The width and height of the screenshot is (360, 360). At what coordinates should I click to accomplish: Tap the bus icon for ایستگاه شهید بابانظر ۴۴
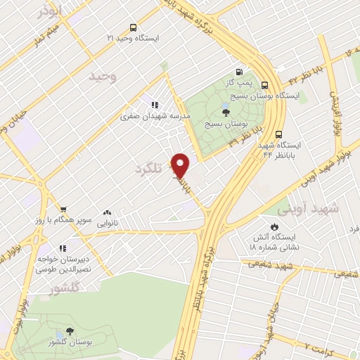pos(279,133)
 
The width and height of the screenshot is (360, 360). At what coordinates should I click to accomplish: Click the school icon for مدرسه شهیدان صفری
pos(153,105)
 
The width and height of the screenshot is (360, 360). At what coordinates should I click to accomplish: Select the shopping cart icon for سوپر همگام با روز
pos(63,209)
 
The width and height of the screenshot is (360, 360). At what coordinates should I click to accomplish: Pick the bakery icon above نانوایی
pos(107,211)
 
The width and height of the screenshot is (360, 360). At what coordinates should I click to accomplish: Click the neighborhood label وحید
pos(103,75)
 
